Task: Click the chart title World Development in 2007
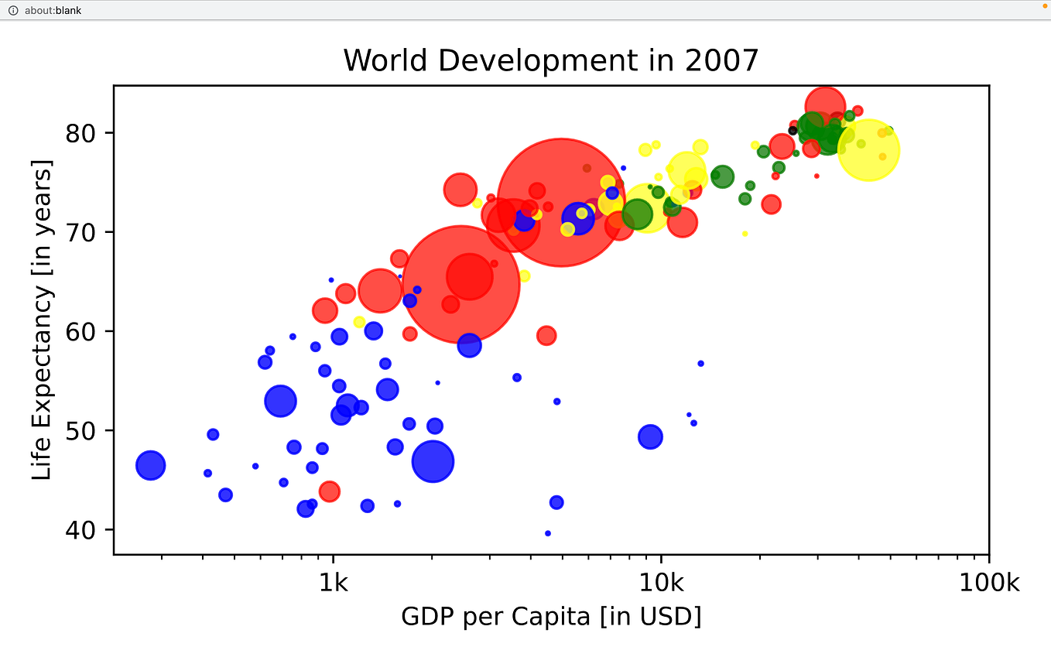pos(550,60)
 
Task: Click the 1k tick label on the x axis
pos(334,583)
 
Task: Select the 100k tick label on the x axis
pos(988,583)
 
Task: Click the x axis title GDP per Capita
pos(550,617)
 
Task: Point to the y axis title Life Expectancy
pos(43,320)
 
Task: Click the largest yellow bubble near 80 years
pos(868,150)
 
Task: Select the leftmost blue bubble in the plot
pos(151,465)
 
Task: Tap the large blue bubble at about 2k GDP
pos(433,461)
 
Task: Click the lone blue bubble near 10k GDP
pos(650,436)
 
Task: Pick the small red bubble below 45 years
pos(330,491)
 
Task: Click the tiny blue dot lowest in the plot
pos(548,533)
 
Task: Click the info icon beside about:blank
pos(12,10)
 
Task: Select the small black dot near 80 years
pos(793,131)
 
